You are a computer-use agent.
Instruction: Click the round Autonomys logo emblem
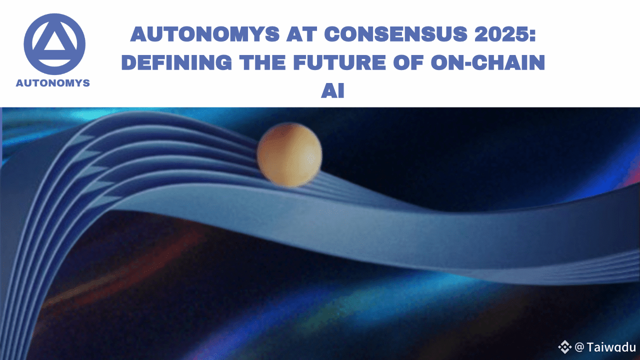[x=54, y=44]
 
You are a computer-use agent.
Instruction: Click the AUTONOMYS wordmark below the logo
[x=53, y=83]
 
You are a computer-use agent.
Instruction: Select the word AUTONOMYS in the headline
[x=205, y=34]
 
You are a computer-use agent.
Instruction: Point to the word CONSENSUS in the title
[x=395, y=34]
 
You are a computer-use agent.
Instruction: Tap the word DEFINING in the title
[x=176, y=62]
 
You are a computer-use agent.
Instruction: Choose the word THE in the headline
[x=262, y=62]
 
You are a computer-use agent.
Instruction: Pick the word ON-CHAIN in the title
[x=487, y=62]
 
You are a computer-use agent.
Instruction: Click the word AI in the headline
[x=332, y=90]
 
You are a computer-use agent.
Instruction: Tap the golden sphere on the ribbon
[x=289, y=155]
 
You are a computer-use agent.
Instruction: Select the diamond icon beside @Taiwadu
[x=564, y=347]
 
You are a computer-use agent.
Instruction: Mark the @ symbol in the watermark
[x=579, y=347]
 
